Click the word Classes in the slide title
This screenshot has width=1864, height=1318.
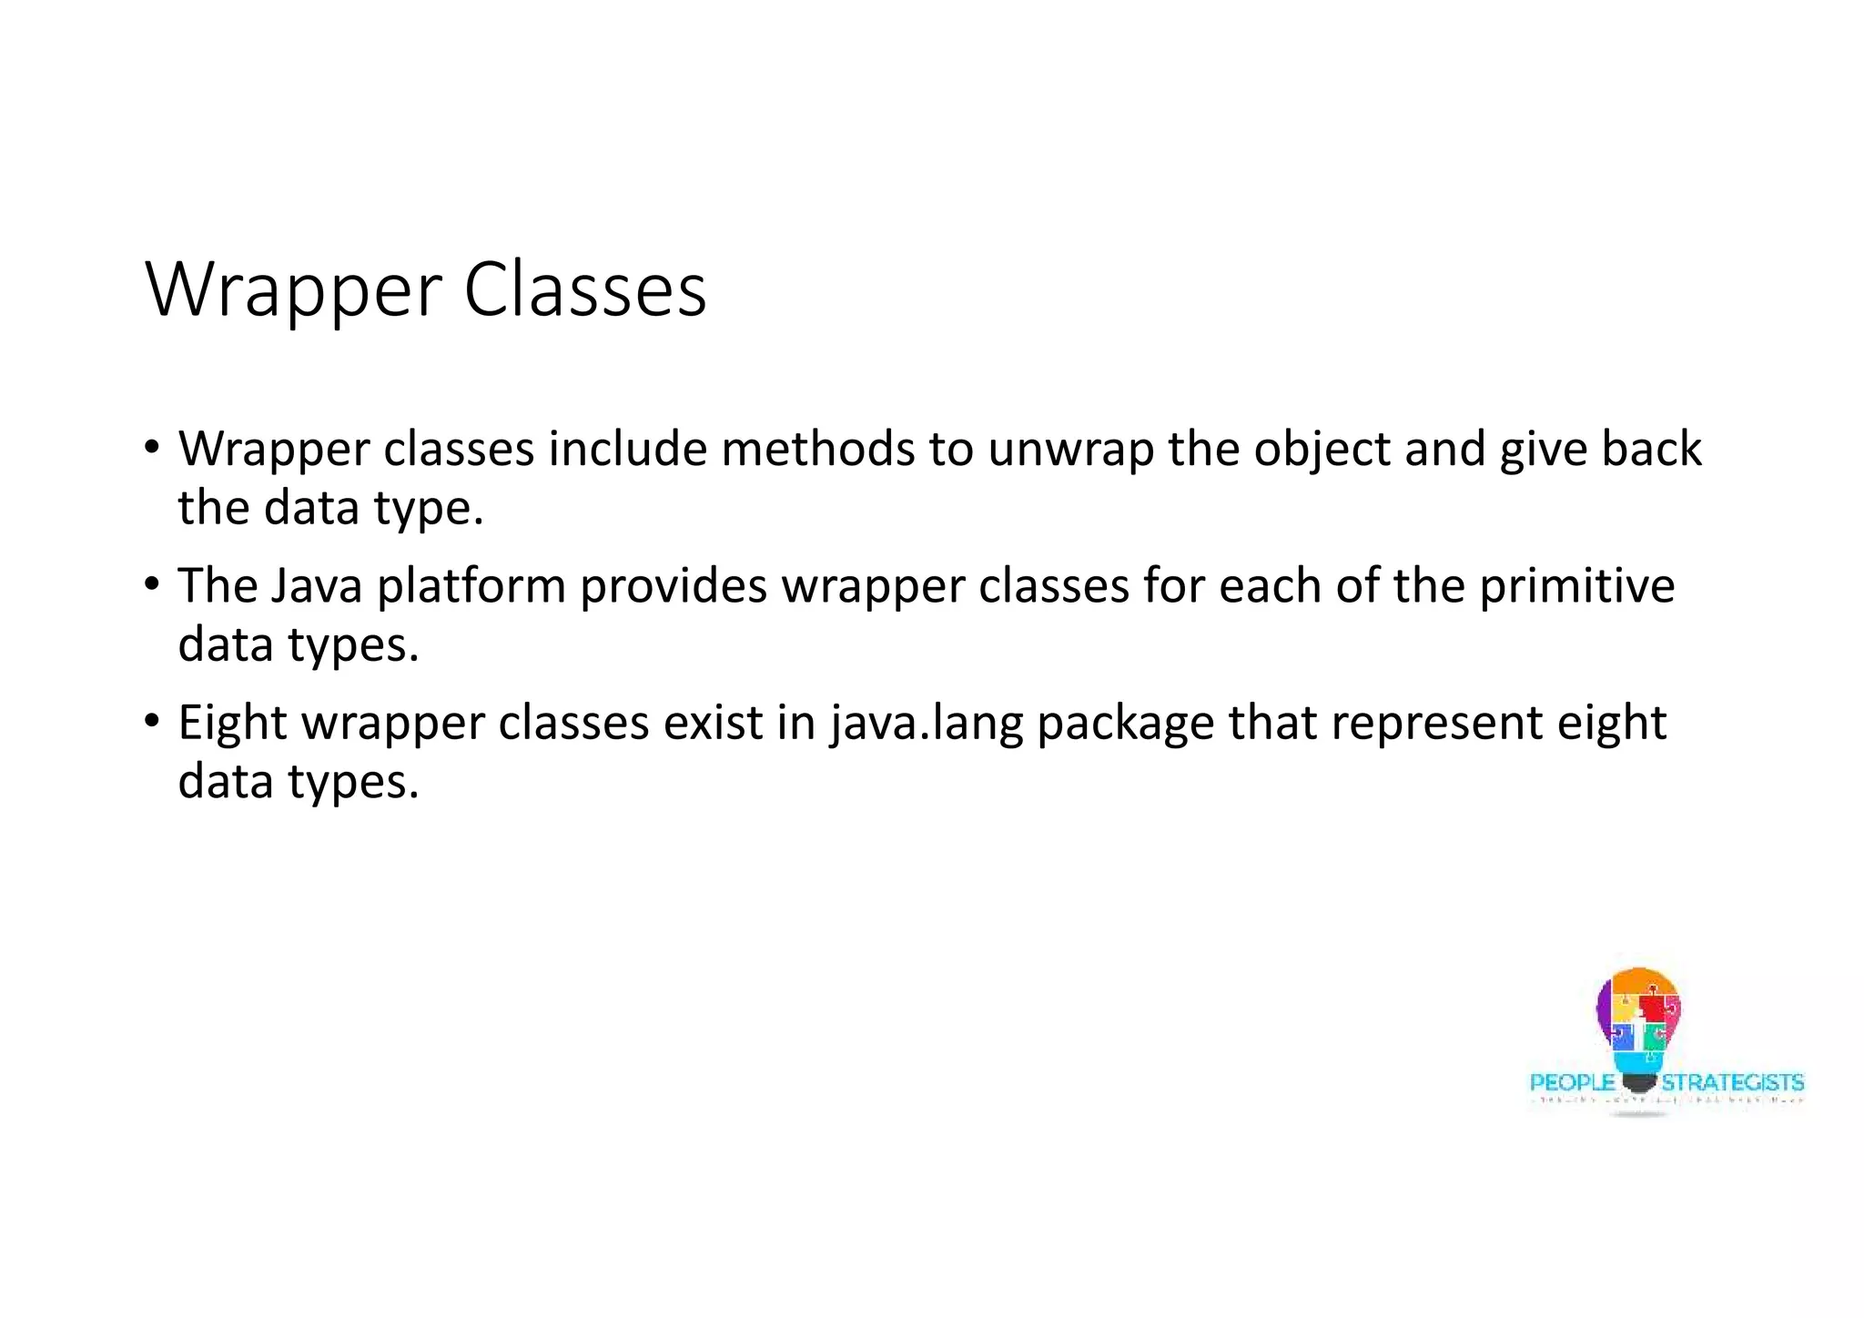(585, 289)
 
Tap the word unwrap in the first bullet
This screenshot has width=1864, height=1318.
(1070, 450)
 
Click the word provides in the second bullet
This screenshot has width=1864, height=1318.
(674, 586)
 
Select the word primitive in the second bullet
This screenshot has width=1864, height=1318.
(1576, 586)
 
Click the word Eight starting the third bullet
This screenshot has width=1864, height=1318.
(232, 725)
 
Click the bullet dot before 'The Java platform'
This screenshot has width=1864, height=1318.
(151, 583)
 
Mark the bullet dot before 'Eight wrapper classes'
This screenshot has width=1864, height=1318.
(151, 721)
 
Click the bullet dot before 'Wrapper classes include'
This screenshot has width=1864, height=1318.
(151, 447)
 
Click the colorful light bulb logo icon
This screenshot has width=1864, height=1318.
(1638, 1024)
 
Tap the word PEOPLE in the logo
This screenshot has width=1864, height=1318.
(1572, 1082)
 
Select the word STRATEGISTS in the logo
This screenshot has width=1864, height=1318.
(1732, 1082)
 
